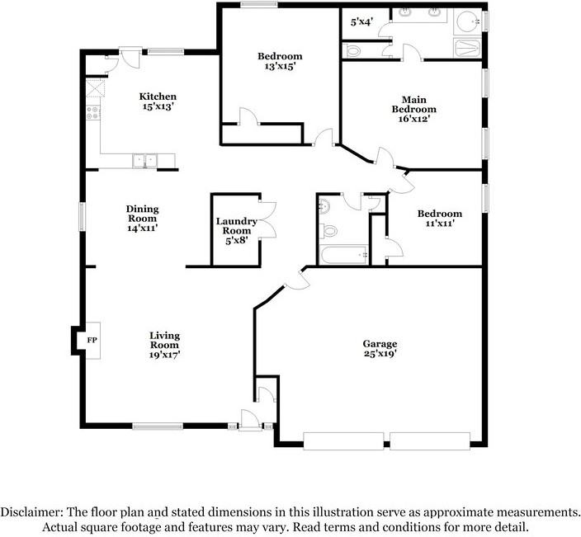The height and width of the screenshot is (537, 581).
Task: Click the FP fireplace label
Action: point(92,340)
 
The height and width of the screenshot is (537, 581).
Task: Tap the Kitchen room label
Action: point(158,97)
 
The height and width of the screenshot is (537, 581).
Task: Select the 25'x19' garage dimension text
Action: point(380,354)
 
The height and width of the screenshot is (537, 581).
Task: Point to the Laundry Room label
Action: point(237,226)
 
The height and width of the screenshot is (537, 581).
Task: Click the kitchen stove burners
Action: point(93,112)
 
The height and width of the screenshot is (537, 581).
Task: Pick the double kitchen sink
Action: point(145,161)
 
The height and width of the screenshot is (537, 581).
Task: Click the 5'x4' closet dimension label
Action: point(361,22)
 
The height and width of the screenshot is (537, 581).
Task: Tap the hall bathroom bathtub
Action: point(343,255)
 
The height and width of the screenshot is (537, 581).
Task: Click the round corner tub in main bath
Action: point(467,21)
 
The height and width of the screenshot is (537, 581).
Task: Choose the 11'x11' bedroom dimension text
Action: point(440,224)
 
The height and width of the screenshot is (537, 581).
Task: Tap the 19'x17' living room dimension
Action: point(164,355)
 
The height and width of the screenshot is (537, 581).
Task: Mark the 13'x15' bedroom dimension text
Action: point(280,67)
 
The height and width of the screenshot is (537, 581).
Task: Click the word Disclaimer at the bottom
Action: point(32,512)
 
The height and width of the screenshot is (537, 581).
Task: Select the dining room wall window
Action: point(83,217)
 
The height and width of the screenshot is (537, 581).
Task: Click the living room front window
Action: point(158,426)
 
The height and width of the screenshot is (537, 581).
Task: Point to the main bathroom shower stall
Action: point(467,48)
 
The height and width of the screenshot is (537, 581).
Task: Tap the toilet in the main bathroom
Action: point(352,51)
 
